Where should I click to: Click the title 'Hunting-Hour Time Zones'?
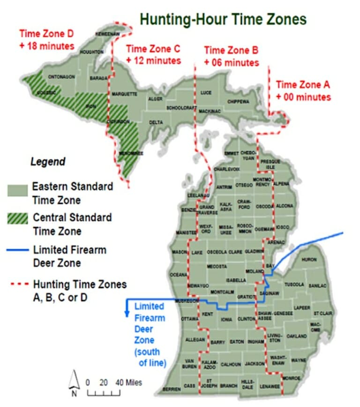pyautogui.click(x=223, y=19)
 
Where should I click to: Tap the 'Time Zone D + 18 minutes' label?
pyautogui.click(x=46, y=40)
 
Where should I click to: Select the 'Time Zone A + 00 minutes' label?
pyautogui.click(x=303, y=91)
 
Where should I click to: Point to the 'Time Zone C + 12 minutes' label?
pyautogui.click(x=153, y=55)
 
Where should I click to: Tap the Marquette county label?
pyautogui.click(x=124, y=94)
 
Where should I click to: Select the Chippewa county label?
pyautogui.click(x=239, y=101)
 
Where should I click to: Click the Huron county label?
pyautogui.click(x=309, y=259)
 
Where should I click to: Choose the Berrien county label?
pyautogui.click(x=172, y=389)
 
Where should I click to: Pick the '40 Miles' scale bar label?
pyautogui.click(x=128, y=382)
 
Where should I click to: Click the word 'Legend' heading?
pyautogui.click(x=48, y=162)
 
